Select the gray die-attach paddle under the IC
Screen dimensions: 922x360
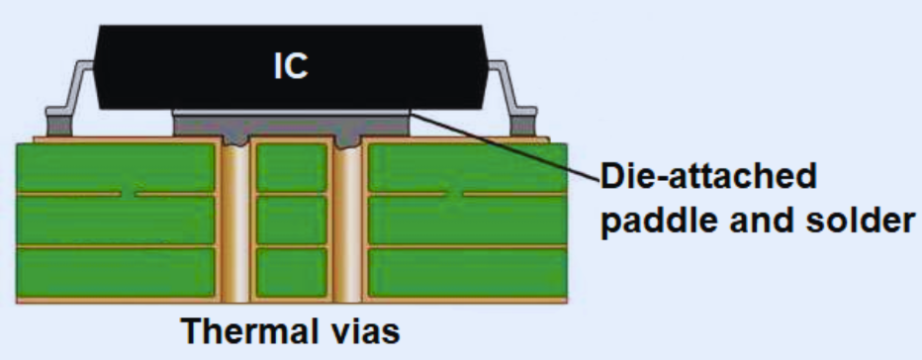tap(291, 126)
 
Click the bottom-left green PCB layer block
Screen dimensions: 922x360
tap(117, 272)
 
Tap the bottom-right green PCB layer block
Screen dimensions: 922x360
tap(467, 272)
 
